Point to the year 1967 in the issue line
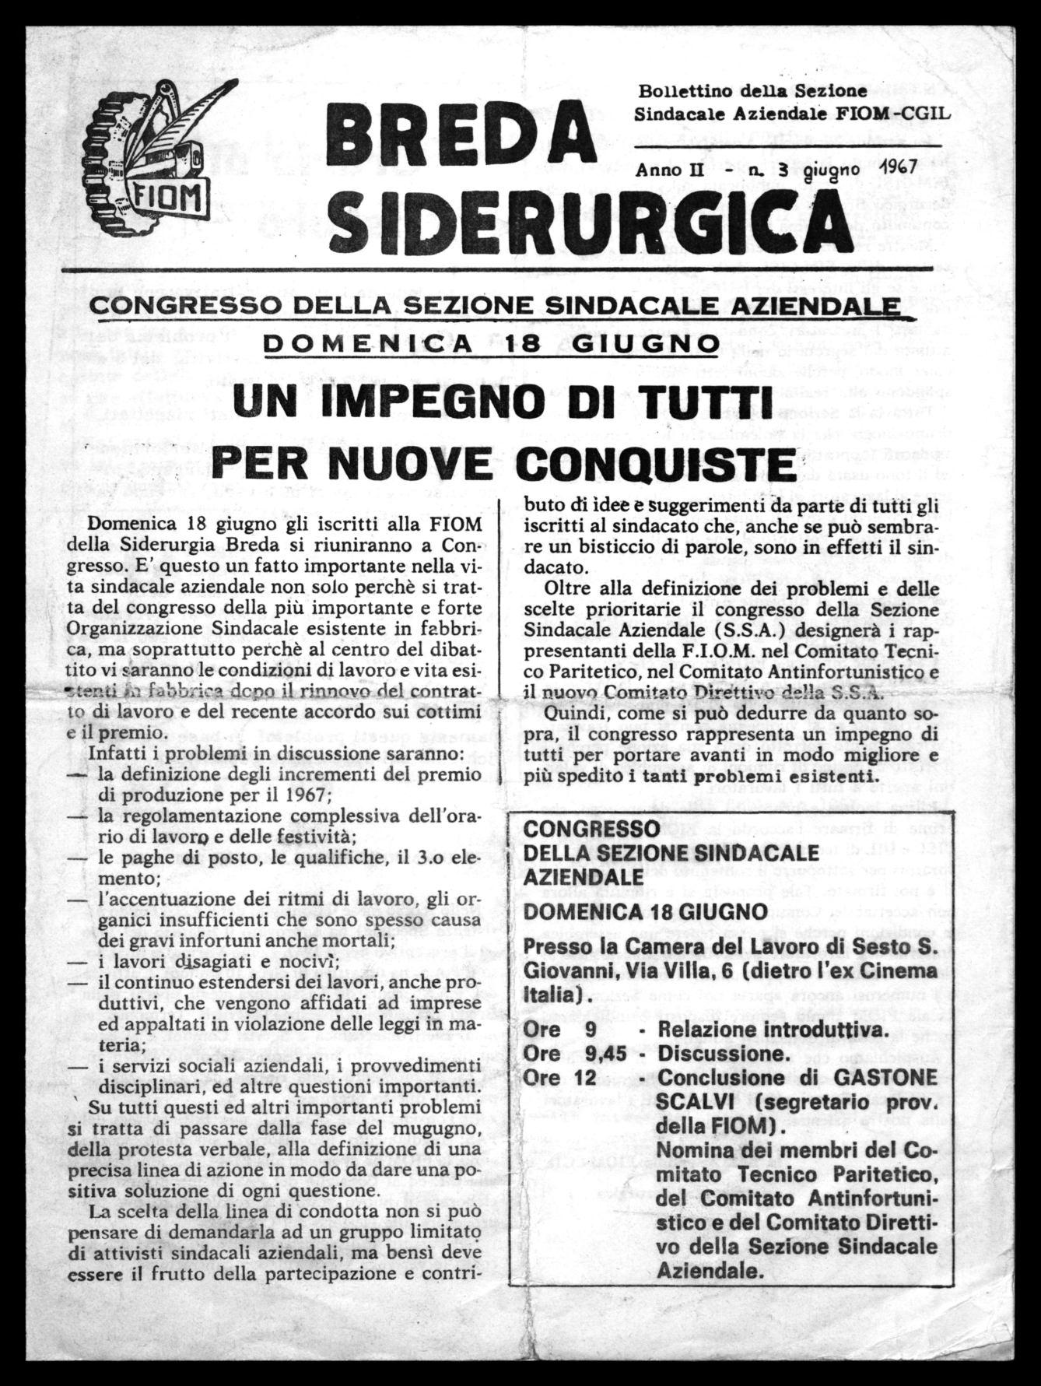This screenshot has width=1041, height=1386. (898, 167)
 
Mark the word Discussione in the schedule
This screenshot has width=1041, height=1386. (720, 1053)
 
